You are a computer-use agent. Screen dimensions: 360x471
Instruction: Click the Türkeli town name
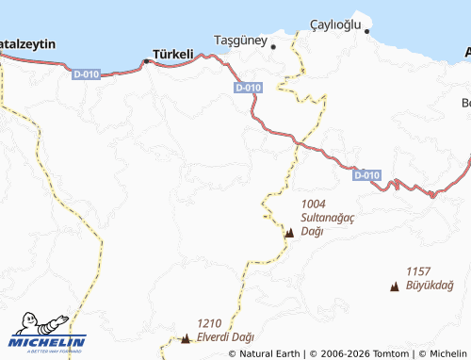pos(173,54)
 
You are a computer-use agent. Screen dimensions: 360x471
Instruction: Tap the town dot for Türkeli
pos(146,61)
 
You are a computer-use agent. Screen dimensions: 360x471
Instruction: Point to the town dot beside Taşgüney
pos(273,45)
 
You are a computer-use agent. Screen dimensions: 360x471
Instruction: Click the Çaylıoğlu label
pos(335,25)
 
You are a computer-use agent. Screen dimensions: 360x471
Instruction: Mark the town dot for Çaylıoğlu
pos(368,32)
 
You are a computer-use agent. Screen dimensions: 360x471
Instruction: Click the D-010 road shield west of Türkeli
pos(85,72)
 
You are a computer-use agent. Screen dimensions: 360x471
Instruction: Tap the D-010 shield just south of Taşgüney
pos(248,88)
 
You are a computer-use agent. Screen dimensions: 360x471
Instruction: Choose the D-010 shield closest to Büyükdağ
pos(367,175)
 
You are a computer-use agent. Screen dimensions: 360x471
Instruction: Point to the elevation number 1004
pos(314,204)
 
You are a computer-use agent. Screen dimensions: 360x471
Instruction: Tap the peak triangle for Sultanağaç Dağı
pos(289,233)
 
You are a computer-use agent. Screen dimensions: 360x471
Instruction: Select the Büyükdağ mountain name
pos(430,285)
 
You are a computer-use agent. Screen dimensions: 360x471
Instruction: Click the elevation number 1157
pos(418,271)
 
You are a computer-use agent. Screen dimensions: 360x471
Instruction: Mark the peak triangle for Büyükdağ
pos(394,285)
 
